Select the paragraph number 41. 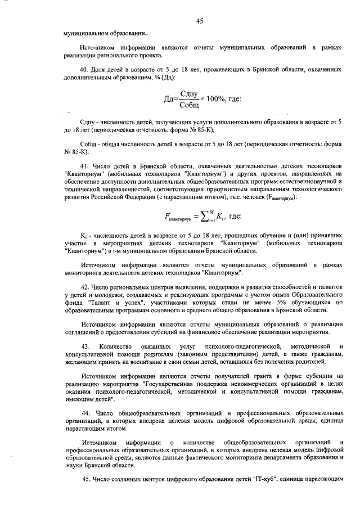85,167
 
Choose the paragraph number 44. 85,412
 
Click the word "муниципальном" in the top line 86,33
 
